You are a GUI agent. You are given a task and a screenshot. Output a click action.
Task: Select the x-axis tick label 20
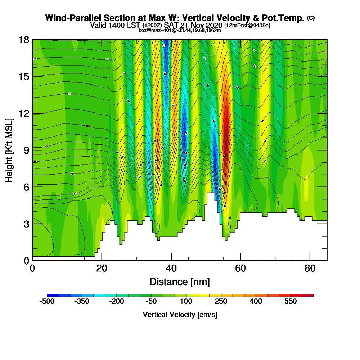pyautogui.click(x=102, y=269)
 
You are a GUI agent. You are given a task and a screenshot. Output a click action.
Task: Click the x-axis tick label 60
pyautogui.click(x=240, y=269)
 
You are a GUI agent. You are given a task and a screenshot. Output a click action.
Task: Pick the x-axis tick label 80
pyautogui.click(x=310, y=269)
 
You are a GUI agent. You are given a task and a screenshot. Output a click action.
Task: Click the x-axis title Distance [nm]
pyautogui.click(x=180, y=282)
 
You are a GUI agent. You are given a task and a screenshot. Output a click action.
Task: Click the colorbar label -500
pyautogui.click(x=47, y=301)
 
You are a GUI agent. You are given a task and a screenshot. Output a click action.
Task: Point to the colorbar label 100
pyautogui.click(x=186, y=301)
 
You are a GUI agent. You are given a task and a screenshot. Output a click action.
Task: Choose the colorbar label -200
pyautogui.click(x=117, y=301)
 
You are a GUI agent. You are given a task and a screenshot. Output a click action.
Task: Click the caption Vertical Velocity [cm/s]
pyautogui.click(x=180, y=315)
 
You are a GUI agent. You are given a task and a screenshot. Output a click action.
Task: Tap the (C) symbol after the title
pyautogui.click(x=311, y=18)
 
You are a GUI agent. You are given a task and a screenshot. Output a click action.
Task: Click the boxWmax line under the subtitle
pyautogui.click(x=180, y=30)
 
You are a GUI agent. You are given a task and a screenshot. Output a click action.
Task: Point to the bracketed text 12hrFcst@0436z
pyautogui.click(x=247, y=26)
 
